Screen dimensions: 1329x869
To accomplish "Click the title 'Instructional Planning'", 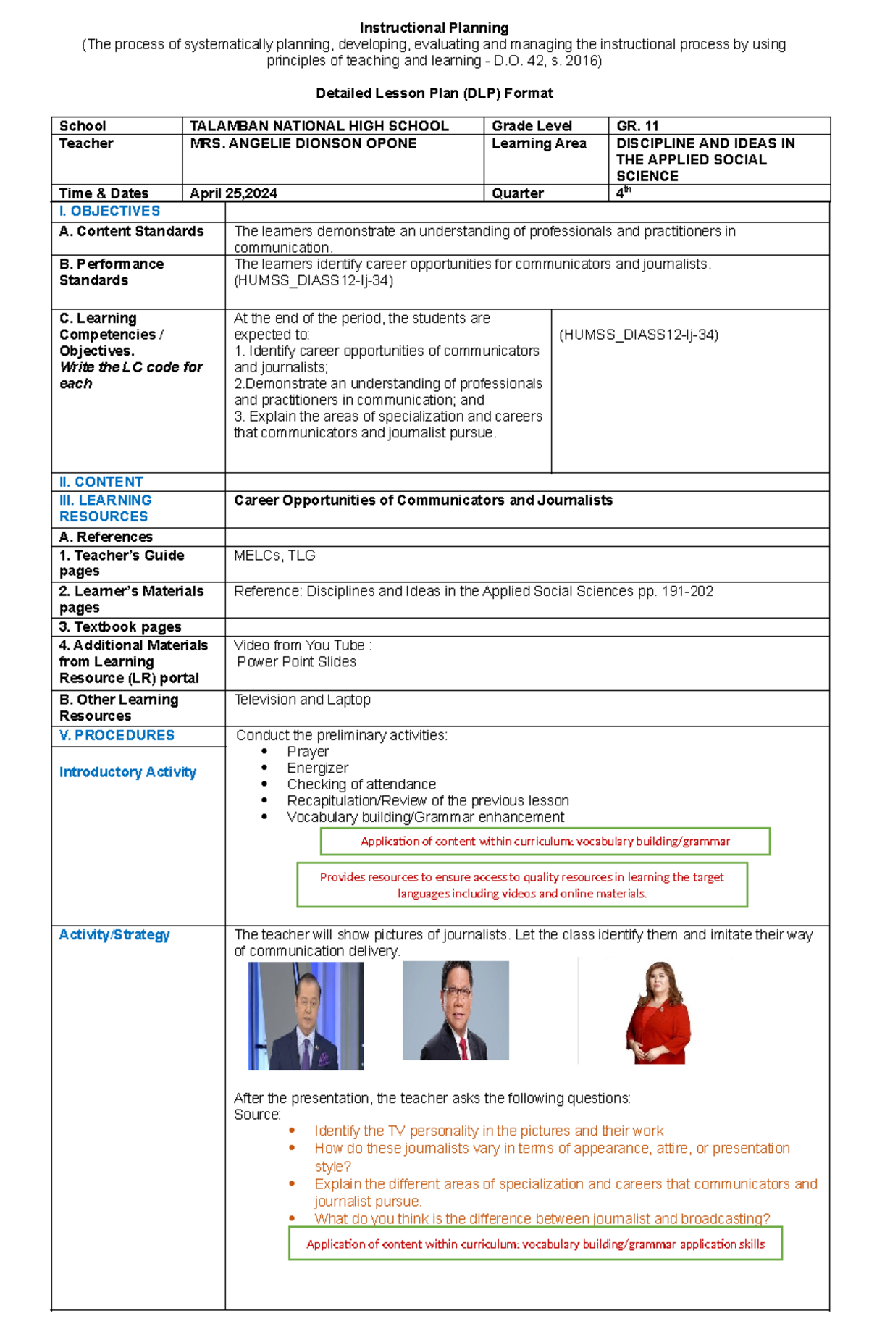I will pyautogui.click(x=434, y=28).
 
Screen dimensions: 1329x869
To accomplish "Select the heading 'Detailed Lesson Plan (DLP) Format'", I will pyautogui.click(x=434, y=93).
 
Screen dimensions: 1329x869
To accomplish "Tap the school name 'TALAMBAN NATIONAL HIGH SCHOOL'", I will pyautogui.click(x=319, y=126).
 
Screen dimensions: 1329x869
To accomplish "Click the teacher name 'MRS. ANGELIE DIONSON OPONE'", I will pyautogui.click(x=303, y=143).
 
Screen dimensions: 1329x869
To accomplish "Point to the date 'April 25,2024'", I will pyautogui.click(x=233, y=193).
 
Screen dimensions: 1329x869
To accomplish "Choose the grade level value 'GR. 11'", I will pyautogui.click(x=637, y=126).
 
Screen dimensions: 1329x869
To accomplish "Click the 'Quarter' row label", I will pyautogui.click(x=517, y=193).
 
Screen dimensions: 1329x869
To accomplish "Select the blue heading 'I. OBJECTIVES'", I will pyautogui.click(x=109, y=211).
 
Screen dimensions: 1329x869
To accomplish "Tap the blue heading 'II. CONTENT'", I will pyautogui.click(x=101, y=482).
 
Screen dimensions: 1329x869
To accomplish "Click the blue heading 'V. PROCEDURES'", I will pyautogui.click(x=117, y=735).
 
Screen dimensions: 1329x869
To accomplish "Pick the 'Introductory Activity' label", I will pyautogui.click(x=127, y=772).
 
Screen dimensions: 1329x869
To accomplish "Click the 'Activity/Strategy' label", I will pyautogui.click(x=114, y=935).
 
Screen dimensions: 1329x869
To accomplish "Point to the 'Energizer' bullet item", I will pyautogui.click(x=317, y=768).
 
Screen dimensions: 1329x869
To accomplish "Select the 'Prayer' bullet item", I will pyautogui.click(x=308, y=752).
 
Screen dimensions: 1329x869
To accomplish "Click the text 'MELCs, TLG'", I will pyautogui.click(x=274, y=556).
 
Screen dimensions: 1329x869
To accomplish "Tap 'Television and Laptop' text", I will pyautogui.click(x=302, y=700).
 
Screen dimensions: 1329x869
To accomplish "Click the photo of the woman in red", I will pyautogui.click(x=657, y=1013).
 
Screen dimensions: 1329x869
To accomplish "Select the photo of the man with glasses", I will pyautogui.click(x=456, y=1011).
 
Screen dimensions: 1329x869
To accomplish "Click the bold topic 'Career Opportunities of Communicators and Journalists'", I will pyautogui.click(x=423, y=500).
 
